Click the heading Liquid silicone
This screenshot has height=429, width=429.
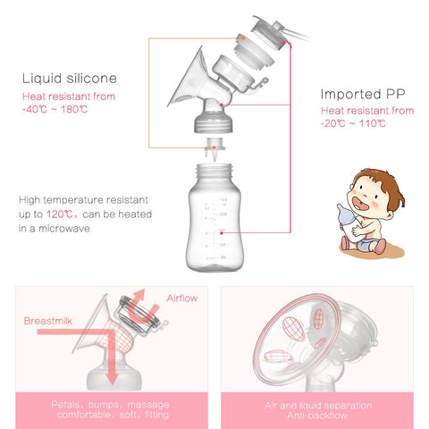[71, 78]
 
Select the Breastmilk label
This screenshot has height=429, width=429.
[50, 319]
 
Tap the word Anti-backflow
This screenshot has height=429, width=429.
[318, 416]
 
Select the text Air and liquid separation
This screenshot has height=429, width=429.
[318, 405]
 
